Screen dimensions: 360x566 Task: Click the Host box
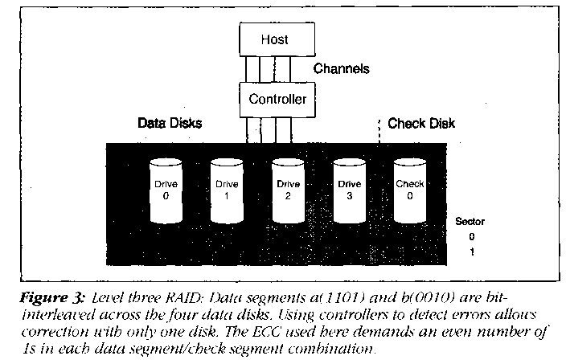(x=274, y=39)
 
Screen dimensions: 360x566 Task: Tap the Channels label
(x=341, y=69)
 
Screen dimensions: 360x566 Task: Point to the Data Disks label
(x=169, y=124)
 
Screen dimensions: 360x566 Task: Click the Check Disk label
(x=420, y=124)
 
